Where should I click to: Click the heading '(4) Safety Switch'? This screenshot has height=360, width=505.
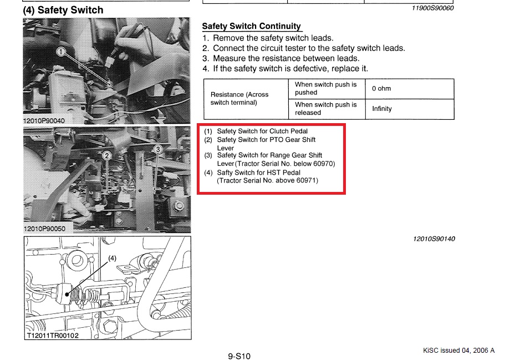[x=63, y=10]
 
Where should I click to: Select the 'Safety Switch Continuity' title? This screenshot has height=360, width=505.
[x=252, y=26]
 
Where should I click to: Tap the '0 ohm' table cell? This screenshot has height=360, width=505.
[x=410, y=89]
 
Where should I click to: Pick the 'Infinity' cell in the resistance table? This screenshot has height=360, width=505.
[x=410, y=109]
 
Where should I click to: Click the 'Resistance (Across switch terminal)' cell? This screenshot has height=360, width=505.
[x=246, y=99]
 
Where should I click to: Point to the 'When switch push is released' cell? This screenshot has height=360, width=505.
[x=327, y=109]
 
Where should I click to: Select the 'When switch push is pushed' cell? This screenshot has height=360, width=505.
[x=327, y=89]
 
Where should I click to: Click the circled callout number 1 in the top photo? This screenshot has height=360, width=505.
[x=61, y=52]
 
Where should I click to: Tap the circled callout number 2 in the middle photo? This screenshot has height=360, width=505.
[x=107, y=156]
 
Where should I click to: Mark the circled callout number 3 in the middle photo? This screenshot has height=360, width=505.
[x=158, y=149]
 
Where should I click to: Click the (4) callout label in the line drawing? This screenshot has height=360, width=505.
[x=112, y=258]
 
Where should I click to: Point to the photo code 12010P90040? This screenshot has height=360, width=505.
[x=44, y=121]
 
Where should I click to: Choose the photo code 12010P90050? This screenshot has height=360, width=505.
[x=44, y=229]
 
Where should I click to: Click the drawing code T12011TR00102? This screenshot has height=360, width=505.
[x=53, y=336]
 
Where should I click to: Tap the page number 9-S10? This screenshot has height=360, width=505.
[x=239, y=356]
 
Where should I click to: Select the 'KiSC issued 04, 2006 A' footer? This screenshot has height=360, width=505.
[x=458, y=351]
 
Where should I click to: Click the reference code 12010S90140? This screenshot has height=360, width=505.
[x=434, y=239]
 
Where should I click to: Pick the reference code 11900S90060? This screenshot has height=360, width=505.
[x=432, y=8]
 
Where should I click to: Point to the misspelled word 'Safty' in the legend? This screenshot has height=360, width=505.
[x=226, y=173]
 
